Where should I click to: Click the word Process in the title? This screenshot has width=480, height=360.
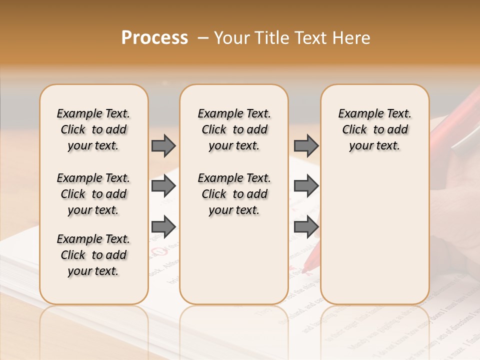(x=154, y=38)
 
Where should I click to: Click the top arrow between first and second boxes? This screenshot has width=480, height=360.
(x=163, y=145)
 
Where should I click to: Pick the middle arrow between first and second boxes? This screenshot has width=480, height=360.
(x=163, y=186)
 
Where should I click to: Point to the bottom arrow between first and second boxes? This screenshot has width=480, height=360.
(x=163, y=226)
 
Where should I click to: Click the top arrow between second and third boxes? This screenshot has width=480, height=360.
(x=306, y=145)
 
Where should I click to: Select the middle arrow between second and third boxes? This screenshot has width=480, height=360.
(x=306, y=186)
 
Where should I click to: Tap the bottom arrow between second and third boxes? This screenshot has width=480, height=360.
(x=306, y=226)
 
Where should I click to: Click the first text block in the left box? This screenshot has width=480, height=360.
(x=93, y=129)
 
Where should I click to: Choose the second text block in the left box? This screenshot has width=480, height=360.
(x=93, y=194)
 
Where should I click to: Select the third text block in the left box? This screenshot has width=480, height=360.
(x=93, y=255)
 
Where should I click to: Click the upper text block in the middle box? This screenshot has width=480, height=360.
(x=234, y=129)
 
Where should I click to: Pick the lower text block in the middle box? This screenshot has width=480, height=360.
(x=234, y=194)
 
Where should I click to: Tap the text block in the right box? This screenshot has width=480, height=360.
(x=374, y=129)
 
